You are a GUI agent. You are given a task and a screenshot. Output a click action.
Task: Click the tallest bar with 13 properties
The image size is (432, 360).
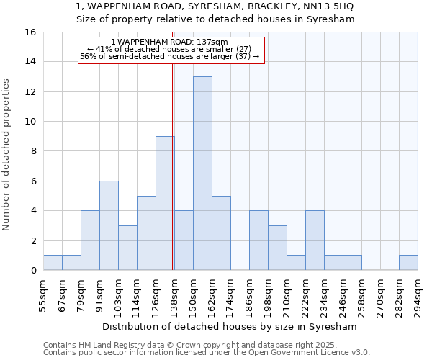tap(202, 173)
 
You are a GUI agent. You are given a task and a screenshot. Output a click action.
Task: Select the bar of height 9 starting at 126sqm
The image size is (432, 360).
tap(165, 203)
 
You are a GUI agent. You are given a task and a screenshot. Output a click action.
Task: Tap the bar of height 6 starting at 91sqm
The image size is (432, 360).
tap(109, 225)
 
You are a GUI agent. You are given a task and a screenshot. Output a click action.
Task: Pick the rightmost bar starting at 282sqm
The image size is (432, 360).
tap(408, 263)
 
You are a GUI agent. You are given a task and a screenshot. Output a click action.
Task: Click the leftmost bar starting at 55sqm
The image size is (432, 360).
tap(53, 263)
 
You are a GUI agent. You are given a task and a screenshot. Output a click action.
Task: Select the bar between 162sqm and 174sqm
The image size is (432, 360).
tap(221, 233)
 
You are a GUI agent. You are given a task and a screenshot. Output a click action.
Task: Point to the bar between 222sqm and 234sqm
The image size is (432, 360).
tap(315, 240)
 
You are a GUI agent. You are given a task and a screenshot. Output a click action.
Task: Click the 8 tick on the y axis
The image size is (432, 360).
tap(33, 151)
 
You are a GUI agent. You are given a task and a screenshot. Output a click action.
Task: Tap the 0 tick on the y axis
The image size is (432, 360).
tap(33, 271)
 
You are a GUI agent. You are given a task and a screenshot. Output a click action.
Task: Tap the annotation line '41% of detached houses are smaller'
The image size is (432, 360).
tap(171, 49)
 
